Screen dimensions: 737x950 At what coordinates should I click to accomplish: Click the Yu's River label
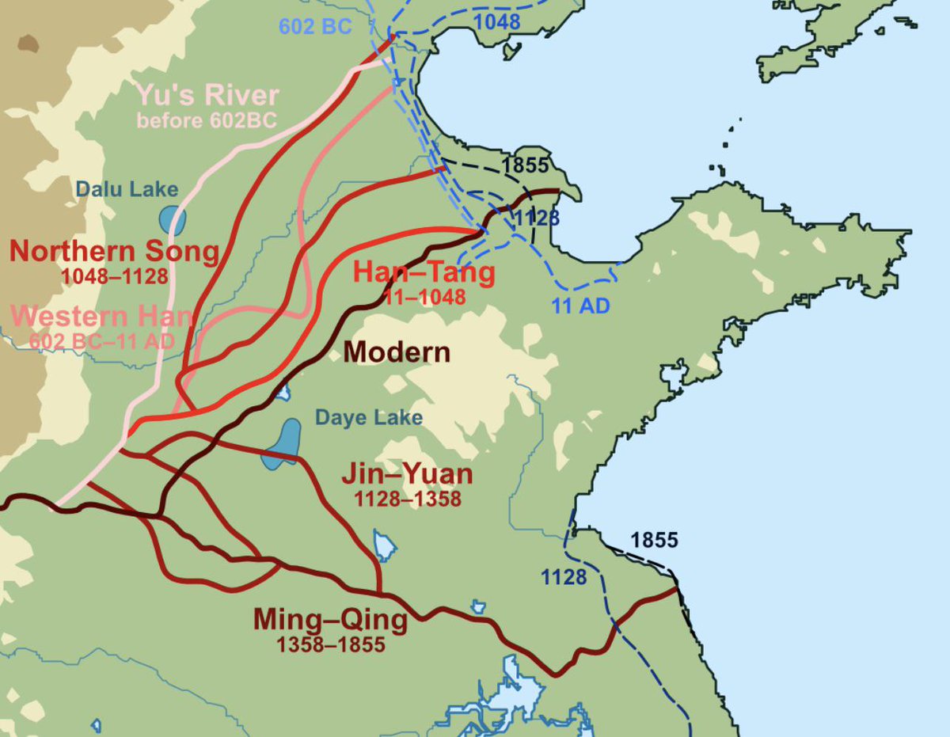click(208, 96)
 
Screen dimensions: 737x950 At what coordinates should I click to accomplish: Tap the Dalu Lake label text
click(127, 189)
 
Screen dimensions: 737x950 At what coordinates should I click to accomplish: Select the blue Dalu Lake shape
click(172, 220)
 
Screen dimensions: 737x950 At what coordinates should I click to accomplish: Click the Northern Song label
click(114, 252)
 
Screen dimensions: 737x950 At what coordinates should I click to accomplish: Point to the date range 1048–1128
click(114, 276)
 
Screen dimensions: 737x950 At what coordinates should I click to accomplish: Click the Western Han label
click(103, 317)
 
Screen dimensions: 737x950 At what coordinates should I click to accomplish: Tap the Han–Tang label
click(424, 273)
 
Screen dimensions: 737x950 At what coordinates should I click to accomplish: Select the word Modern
click(398, 351)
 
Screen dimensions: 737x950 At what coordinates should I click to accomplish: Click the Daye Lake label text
click(369, 417)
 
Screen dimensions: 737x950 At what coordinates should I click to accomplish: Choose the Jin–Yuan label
click(407, 475)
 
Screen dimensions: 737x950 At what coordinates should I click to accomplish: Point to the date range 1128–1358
click(408, 499)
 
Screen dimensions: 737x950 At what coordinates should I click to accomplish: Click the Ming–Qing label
click(330, 619)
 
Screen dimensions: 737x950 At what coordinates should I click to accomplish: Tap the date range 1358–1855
click(331, 644)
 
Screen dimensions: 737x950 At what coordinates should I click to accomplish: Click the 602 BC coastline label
click(314, 25)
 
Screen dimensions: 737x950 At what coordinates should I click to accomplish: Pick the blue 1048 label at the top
click(497, 21)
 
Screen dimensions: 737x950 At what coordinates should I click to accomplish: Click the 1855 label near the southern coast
click(654, 540)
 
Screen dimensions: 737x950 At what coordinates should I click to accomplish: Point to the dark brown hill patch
click(28, 43)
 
